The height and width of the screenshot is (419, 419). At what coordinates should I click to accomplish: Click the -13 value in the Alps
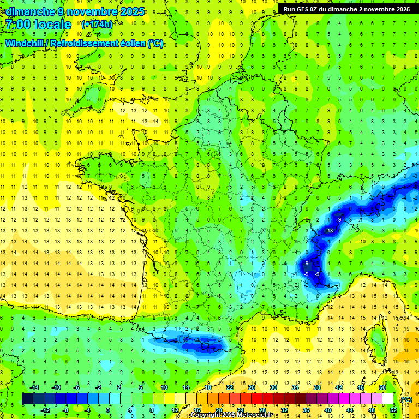329,231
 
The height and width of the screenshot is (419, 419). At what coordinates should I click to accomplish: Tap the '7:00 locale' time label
37,25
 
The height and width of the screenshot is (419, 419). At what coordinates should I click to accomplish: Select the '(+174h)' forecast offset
97,25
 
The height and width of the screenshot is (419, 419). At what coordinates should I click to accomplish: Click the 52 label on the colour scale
393,410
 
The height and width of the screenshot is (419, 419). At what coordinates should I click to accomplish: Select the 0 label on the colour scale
108,410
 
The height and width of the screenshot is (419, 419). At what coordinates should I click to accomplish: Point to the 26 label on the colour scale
251,388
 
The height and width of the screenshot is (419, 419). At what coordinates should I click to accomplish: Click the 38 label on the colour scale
316,388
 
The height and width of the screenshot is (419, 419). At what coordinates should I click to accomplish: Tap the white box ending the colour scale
388,399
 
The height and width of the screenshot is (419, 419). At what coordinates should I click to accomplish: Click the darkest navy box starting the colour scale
27,399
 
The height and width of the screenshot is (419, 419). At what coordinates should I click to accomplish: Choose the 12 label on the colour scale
175,410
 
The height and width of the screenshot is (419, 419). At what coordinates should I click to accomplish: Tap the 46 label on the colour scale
360,388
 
